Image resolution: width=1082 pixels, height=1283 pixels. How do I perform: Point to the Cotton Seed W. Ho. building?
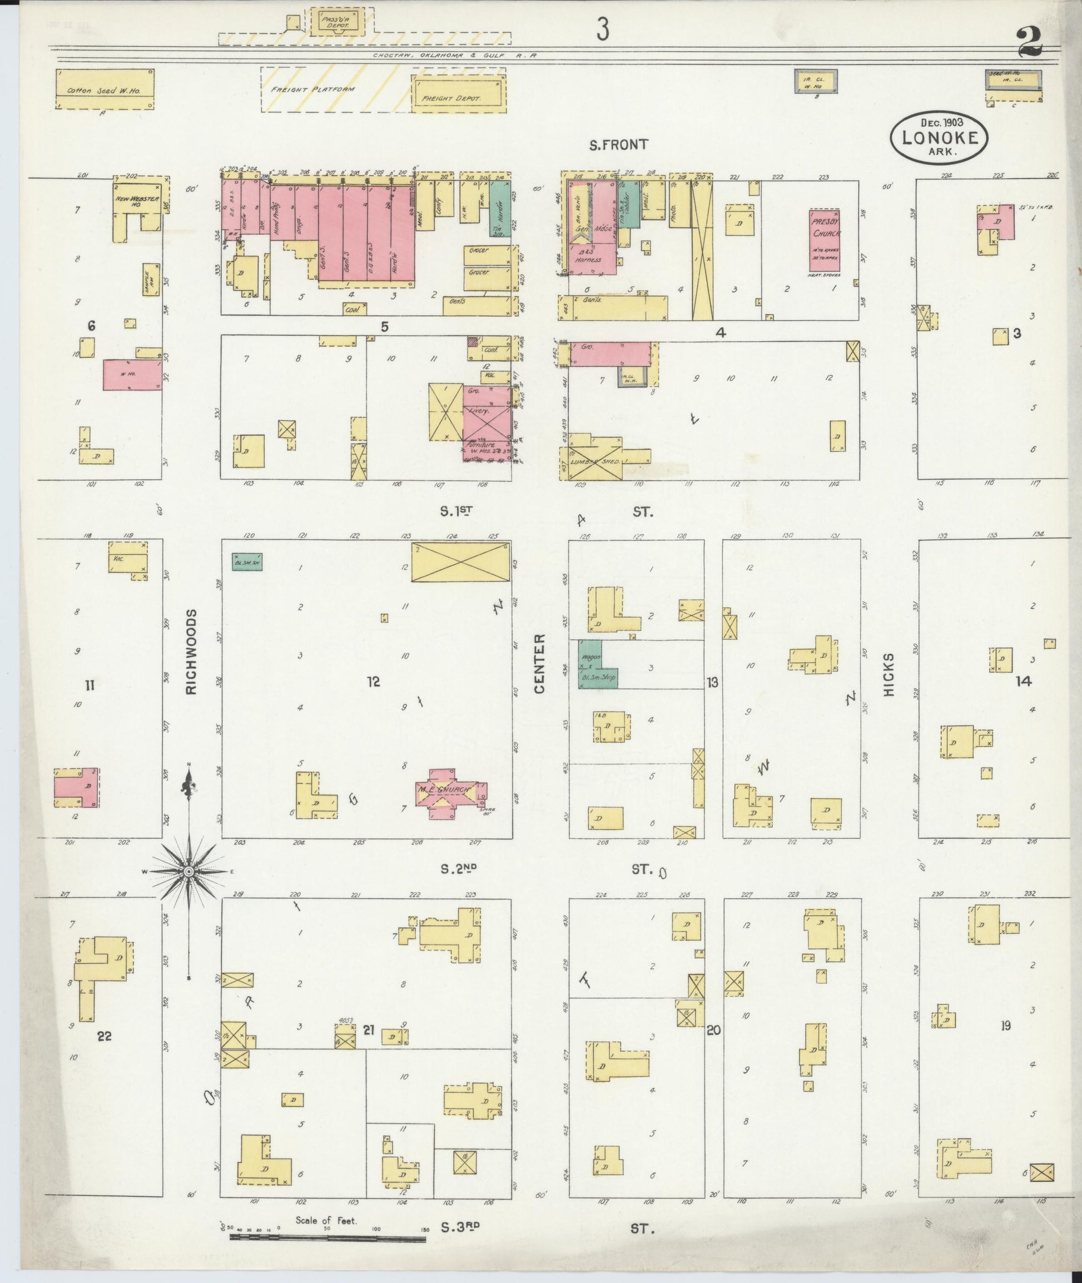pyautogui.click(x=105, y=89)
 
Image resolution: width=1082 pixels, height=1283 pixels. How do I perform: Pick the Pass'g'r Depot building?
pyautogui.click(x=335, y=22)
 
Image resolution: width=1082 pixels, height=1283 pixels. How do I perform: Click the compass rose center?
pyautogui.click(x=190, y=872)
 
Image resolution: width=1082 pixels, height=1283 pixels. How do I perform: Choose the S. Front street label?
pyautogui.click(x=618, y=145)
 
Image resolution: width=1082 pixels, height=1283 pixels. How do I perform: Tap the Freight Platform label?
pyautogui.click(x=313, y=89)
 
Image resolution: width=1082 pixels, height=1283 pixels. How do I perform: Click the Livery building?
pyautogui.click(x=488, y=411)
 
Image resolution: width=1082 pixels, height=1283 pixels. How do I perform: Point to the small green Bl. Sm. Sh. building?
pyautogui.click(x=247, y=562)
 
